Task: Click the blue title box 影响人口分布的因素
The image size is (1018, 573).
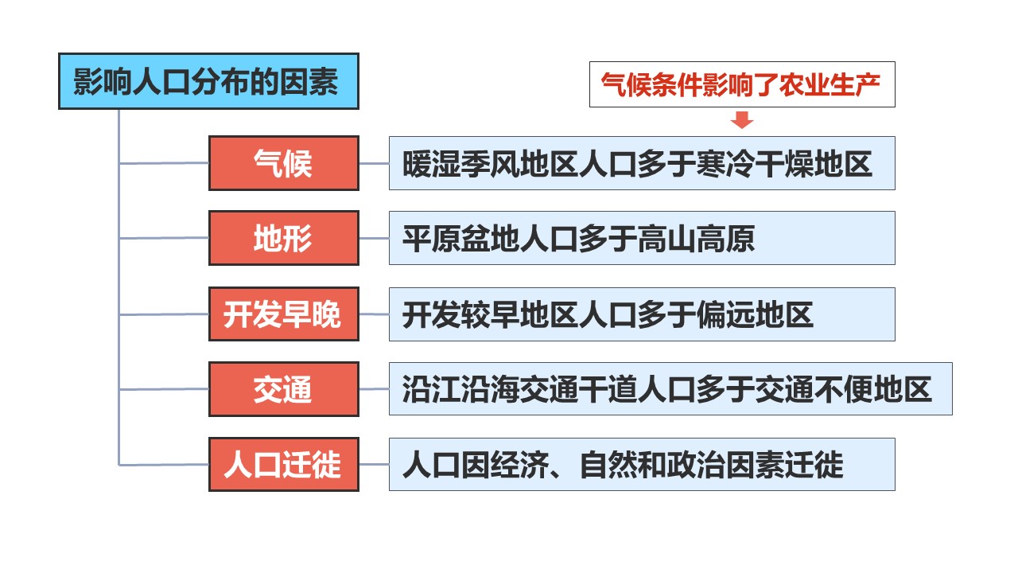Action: click(x=208, y=81)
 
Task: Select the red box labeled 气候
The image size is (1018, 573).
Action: click(x=284, y=163)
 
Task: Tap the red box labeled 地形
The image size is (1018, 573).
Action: click(x=284, y=238)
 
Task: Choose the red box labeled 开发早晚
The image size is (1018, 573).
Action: click(x=284, y=314)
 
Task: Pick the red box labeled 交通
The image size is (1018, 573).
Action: click(x=284, y=389)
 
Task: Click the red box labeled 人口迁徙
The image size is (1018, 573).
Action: click(x=284, y=464)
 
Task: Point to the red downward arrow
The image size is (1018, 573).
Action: click(x=742, y=119)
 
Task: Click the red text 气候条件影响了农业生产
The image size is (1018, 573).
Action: click(x=740, y=84)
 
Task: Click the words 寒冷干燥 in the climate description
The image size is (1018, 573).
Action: click(x=754, y=164)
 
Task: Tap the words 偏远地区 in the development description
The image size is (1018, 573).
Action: click(x=755, y=315)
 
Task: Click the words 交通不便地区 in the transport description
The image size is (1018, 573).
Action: click(x=843, y=390)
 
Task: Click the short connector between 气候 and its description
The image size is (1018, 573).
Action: click(x=374, y=163)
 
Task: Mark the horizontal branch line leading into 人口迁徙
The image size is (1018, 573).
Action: click(x=164, y=465)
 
